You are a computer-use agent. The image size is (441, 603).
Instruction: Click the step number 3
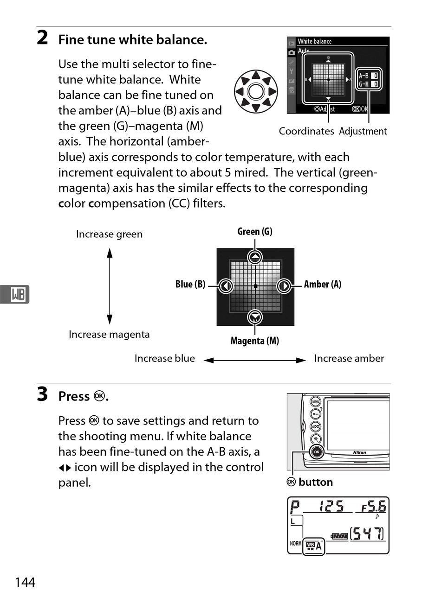(42, 394)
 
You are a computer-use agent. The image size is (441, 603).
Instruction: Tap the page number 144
(25, 582)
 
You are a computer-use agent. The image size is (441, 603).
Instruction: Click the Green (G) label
(255, 231)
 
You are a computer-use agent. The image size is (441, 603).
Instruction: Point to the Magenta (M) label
(255, 341)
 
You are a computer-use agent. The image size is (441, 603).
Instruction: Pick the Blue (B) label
(190, 284)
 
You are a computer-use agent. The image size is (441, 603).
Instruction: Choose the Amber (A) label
(323, 284)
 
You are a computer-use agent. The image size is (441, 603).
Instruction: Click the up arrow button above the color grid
(255, 257)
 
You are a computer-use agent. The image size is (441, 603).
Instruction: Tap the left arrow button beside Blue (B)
(226, 286)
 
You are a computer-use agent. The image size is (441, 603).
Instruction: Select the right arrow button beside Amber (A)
(284, 286)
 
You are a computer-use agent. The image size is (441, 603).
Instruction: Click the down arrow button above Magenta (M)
(255, 317)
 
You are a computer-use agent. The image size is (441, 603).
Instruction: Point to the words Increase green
(109, 235)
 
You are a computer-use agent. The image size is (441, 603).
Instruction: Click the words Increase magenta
(109, 335)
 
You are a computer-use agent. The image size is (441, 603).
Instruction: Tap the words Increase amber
(349, 358)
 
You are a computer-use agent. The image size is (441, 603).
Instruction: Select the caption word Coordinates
(306, 131)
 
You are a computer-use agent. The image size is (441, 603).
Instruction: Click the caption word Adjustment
(363, 131)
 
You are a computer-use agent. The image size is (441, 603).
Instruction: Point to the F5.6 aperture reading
(374, 507)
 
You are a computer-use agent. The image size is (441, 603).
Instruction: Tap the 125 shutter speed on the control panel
(331, 506)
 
